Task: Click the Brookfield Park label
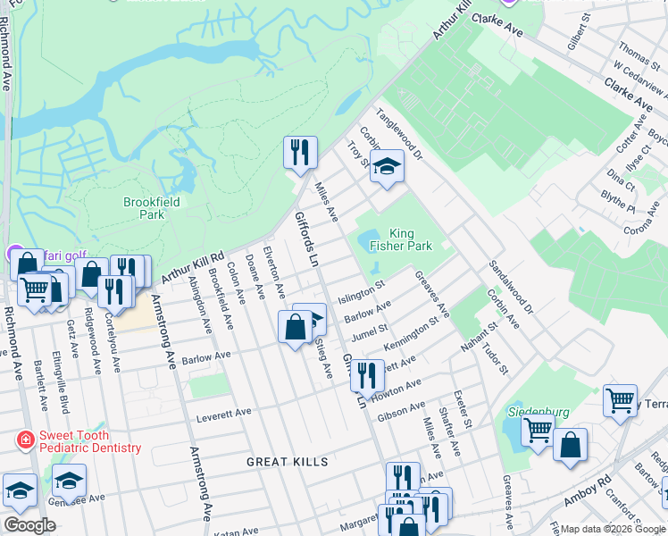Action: click(x=152, y=208)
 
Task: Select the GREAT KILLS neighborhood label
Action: click(x=288, y=462)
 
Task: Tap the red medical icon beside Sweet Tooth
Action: click(x=24, y=440)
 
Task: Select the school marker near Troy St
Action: click(x=387, y=166)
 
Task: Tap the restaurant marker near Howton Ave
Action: click(x=366, y=376)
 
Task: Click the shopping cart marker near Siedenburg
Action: click(x=537, y=431)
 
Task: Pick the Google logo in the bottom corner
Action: click(x=29, y=525)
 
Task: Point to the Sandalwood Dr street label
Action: click(x=511, y=287)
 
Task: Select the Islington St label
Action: click(x=361, y=292)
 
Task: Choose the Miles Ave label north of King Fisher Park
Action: click(x=326, y=202)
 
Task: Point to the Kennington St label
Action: click(x=411, y=339)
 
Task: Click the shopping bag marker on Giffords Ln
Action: click(x=295, y=327)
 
